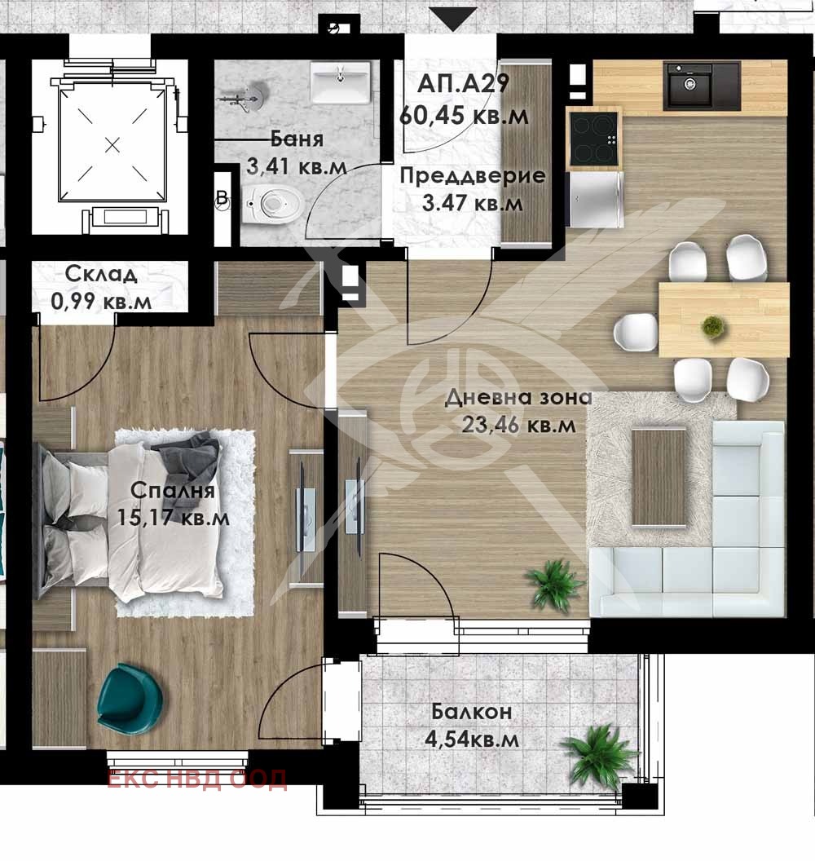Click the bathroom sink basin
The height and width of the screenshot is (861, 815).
pyautogui.click(x=341, y=82)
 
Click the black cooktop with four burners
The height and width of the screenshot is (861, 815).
pyautogui.click(x=594, y=139)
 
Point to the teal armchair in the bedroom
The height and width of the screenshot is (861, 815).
pyautogui.click(x=129, y=698)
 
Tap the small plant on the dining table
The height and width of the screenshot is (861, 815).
pyautogui.click(x=712, y=326)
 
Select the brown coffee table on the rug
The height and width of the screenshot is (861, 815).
pyautogui.click(x=659, y=477)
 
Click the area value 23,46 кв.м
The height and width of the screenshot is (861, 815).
pyautogui.click(x=518, y=425)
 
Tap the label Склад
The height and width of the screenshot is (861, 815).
pyautogui.click(x=100, y=273)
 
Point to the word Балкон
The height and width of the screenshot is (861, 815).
pyautogui.click(x=471, y=712)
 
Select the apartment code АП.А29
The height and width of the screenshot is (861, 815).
pyautogui.click(x=463, y=84)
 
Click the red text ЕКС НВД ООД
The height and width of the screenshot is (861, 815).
pyautogui.click(x=196, y=779)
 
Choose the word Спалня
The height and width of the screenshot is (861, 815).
pyautogui.click(x=172, y=490)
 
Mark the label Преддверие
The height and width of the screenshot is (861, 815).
pyautogui.click(x=473, y=176)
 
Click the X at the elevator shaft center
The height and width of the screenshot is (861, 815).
pyautogui.click(x=112, y=145)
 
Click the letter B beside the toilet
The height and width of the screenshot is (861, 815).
pyautogui.click(x=222, y=197)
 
